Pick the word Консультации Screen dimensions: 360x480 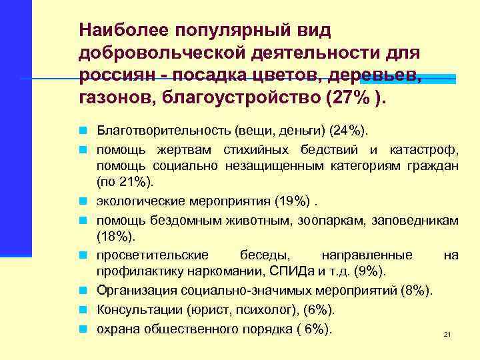pyautogui.click(x=137, y=310)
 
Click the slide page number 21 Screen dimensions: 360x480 pyautogui.click(x=447, y=334)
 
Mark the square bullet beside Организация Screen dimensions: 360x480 pyautogui.click(x=88, y=291)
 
